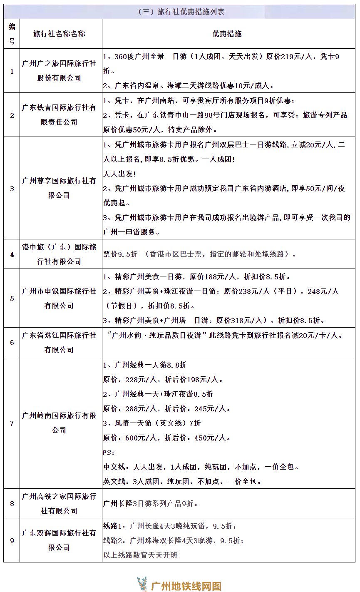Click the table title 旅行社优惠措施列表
click(191, 12)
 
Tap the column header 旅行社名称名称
click(59, 34)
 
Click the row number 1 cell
click(12, 71)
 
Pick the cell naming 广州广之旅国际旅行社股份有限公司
click(59, 71)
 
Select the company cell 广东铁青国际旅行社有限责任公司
click(59, 115)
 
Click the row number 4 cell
click(12, 254)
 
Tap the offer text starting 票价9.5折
click(200, 254)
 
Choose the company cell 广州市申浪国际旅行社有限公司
click(59, 298)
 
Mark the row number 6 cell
click(12, 343)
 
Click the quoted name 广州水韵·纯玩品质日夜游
click(163, 335)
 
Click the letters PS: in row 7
click(108, 453)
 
